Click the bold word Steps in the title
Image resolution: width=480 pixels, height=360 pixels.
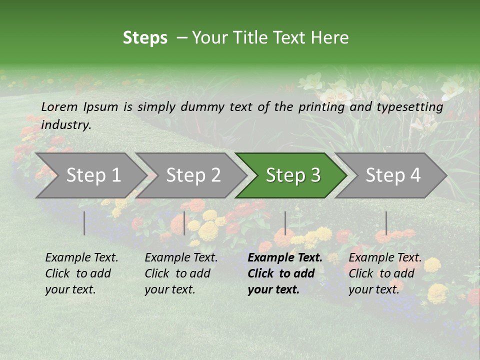point(145,38)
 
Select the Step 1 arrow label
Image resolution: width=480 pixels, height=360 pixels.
point(93,175)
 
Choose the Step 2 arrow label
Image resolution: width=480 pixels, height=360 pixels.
point(193,175)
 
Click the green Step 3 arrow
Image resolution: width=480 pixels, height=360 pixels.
point(293,175)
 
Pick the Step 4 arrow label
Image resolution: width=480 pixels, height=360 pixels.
point(393,175)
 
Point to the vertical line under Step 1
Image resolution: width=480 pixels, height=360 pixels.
point(84,223)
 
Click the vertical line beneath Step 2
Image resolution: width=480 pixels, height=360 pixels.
point(184,223)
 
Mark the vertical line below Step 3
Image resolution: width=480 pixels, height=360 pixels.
point(285,223)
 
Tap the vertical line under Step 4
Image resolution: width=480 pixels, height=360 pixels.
point(386,223)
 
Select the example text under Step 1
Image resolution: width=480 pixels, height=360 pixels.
point(81,273)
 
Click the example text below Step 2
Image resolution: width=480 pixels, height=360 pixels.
point(181,273)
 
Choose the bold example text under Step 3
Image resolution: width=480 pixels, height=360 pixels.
point(285,273)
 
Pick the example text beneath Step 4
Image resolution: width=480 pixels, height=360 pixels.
point(385,273)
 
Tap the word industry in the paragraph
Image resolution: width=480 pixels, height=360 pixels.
point(65,124)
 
